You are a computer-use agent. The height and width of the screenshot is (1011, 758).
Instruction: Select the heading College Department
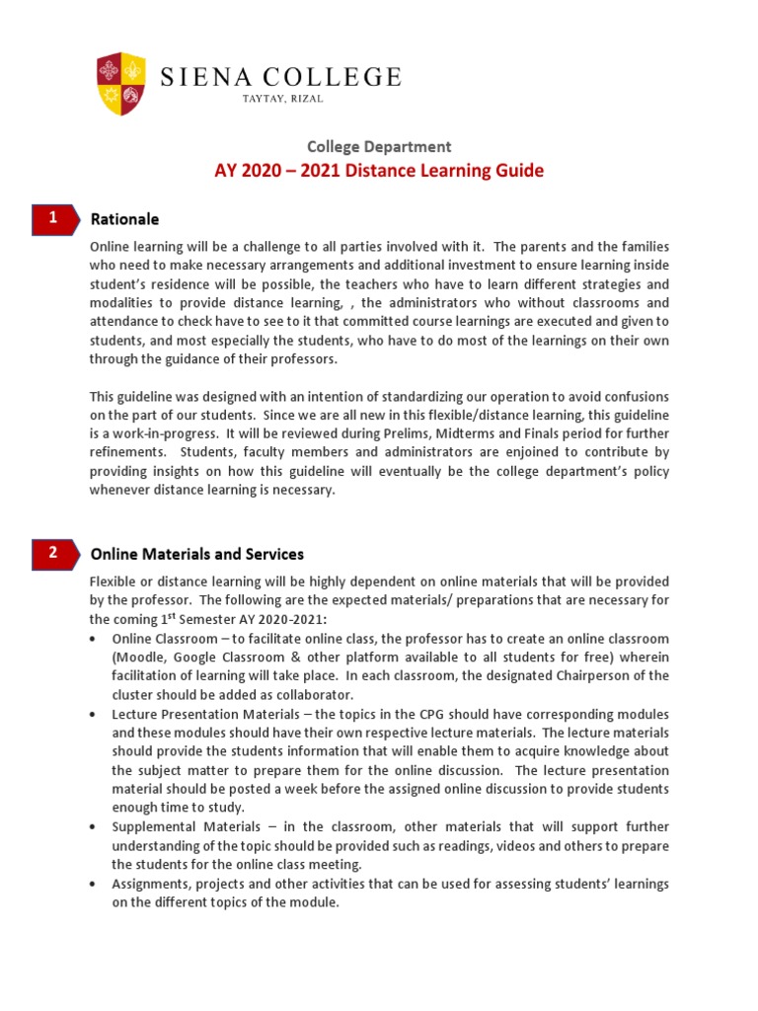[379, 146]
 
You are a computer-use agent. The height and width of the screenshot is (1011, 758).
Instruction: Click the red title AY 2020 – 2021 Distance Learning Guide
[379, 171]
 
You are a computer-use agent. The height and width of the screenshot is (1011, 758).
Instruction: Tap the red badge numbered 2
[53, 554]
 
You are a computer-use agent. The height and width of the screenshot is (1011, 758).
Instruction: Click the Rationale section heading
[124, 219]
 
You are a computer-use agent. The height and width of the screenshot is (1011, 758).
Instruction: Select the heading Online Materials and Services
[197, 554]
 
